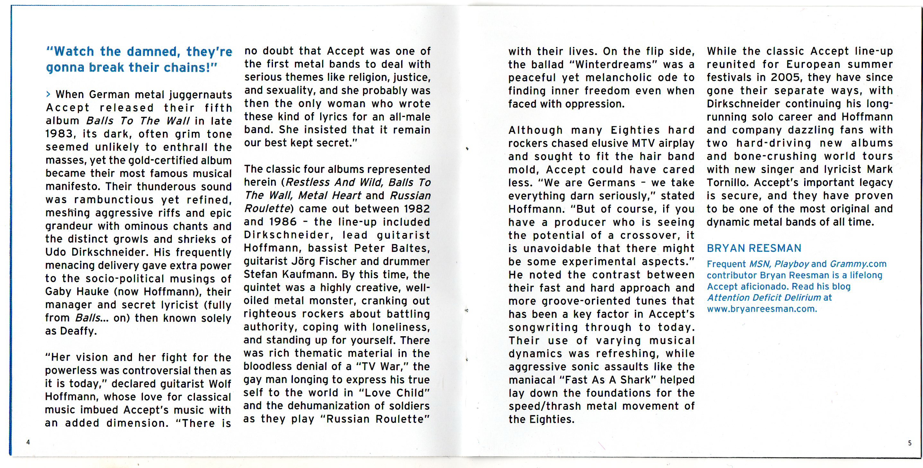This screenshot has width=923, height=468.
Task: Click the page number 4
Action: click(x=28, y=442)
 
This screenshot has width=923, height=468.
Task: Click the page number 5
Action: click(x=910, y=443)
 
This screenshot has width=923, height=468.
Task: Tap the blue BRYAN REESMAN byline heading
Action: click(x=754, y=248)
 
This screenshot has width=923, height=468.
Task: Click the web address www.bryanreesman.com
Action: click(x=762, y=309)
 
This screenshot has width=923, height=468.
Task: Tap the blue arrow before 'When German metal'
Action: click(x=48, y=94)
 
